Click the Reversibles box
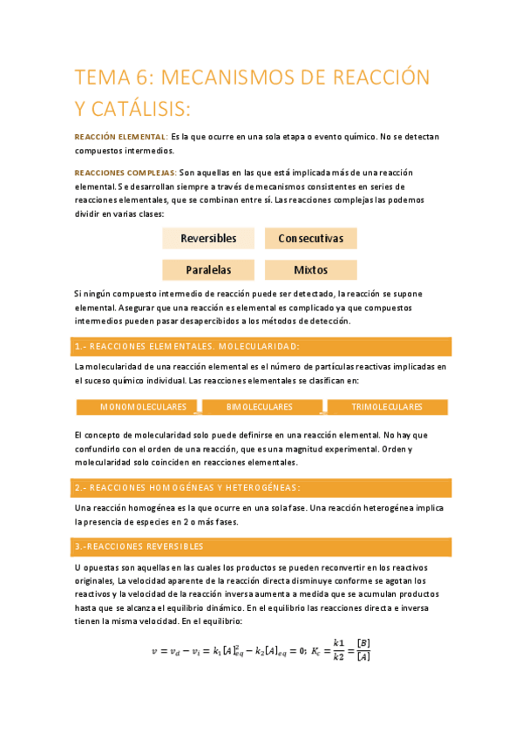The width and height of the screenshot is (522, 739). click(208, 238)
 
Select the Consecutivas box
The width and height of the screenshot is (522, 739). click(310, 238)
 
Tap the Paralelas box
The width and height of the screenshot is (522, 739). click(208, 270)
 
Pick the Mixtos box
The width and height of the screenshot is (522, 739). click(310, 270)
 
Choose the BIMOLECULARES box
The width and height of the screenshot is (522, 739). click(260, 407)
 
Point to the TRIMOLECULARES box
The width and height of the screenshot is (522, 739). click(386, 407)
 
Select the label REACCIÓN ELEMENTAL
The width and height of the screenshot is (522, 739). click(120, 137)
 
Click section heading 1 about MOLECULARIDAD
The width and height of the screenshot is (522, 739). click(187, 346)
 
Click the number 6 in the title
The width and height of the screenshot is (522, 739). click(143, 78)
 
